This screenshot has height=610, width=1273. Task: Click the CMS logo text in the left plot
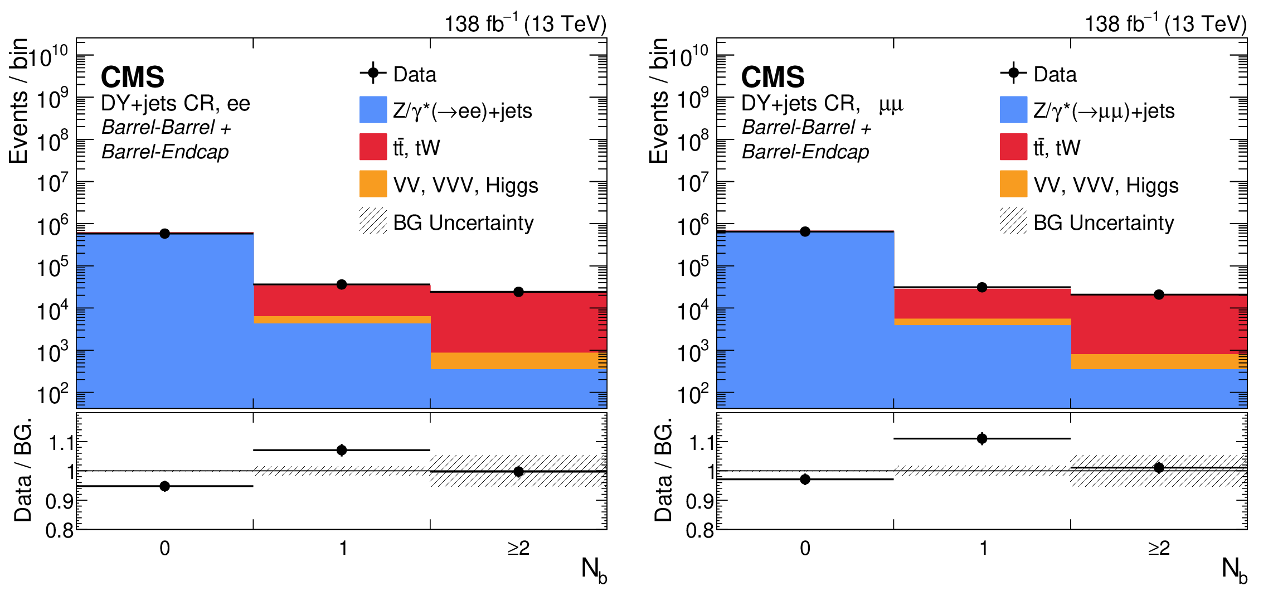tap(133, 77)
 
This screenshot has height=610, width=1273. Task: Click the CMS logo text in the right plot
tap(772, 77)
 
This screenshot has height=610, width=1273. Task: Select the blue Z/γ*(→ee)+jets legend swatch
tap(373, 110)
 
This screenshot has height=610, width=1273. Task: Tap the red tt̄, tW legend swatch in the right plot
tap(1013, 147)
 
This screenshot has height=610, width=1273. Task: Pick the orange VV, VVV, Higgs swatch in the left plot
tap(373, 184)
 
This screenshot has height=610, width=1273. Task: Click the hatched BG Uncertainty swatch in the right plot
tap(1013, 221)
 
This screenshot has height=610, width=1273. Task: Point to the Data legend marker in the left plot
tap(373, 73)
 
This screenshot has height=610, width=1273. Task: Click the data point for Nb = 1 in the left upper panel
tap(342, 284)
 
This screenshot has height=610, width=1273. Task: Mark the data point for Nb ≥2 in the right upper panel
tap(1159, 294)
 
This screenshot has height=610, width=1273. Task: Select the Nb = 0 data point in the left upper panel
tap(164, 233)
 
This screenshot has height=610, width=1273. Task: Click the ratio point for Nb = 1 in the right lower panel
tap(982, 439)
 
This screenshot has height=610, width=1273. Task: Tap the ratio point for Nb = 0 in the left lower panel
tap(164, 486)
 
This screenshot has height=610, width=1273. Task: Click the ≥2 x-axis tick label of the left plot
tap(518, 549)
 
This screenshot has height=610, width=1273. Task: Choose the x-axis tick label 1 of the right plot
tap(983, 549)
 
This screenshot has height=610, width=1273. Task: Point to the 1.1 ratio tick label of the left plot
tap(61, 443)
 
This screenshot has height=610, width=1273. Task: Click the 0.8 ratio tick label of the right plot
tap(699, 530)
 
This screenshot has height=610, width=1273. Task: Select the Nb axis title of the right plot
tap(1234, 570)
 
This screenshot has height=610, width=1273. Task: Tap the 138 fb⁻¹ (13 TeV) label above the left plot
tap(525, 24)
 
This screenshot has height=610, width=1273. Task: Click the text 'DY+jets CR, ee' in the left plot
tap(176, 104)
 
